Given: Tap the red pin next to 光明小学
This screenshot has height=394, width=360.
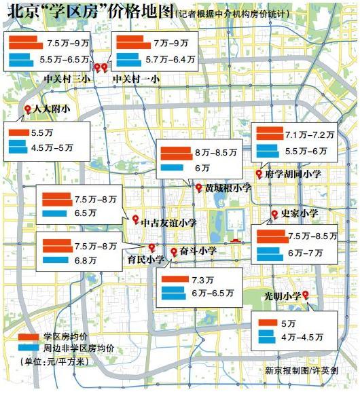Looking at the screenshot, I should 306,294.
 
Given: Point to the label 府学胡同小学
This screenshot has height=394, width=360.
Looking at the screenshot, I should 293,175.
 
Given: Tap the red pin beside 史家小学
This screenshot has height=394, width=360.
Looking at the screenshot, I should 274,215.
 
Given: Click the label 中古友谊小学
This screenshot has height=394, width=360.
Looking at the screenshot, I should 169,221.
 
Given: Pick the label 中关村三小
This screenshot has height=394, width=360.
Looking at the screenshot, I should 67,79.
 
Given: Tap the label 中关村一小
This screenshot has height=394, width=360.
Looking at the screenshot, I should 136,79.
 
